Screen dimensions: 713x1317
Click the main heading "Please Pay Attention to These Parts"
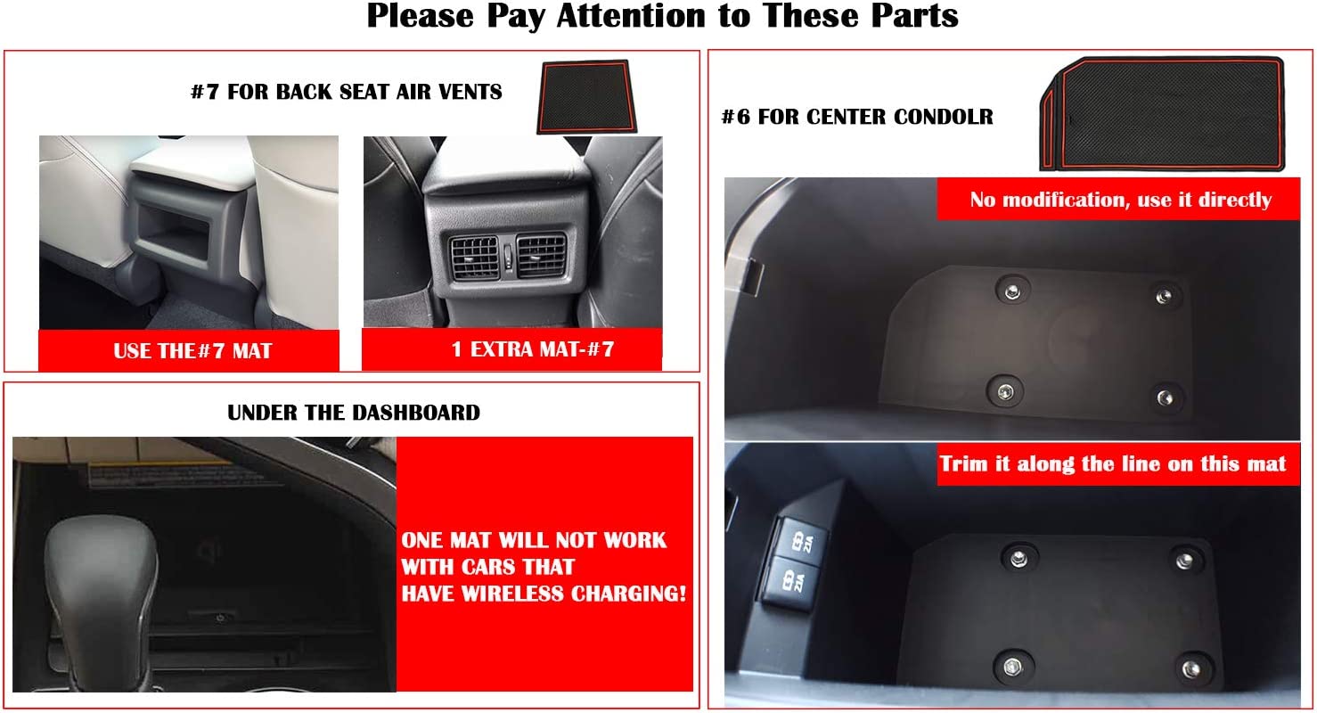662,16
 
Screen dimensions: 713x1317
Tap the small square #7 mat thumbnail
584,96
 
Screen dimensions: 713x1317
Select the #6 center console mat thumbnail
1162,113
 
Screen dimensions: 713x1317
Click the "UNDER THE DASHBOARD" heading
353,413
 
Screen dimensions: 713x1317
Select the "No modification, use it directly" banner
1120,200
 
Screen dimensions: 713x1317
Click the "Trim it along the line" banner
1114,463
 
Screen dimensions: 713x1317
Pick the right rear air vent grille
540,255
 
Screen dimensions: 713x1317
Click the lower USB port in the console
784,581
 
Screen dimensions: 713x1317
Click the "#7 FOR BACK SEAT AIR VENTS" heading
346,91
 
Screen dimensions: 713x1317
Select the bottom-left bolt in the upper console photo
1005,389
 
